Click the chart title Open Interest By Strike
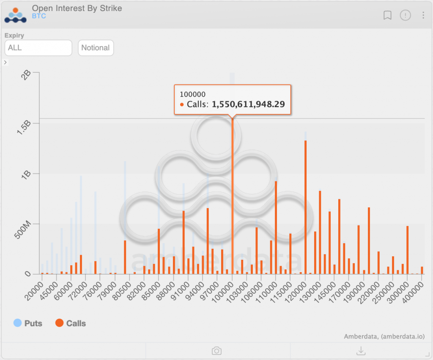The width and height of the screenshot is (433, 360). click(77, 8)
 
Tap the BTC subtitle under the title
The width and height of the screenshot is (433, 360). click(39, 16)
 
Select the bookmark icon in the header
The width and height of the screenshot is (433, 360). click(387, 16)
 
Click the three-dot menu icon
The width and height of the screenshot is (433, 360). click(423, 16)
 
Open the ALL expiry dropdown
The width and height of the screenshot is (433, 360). click(38, 48)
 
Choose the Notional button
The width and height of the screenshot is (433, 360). click(96, 48)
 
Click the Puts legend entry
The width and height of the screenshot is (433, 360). click(28, 323)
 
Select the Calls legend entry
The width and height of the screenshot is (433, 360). click(71, 323)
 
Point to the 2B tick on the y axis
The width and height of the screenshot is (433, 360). click(27, 75)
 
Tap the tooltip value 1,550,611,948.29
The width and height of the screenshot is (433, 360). click(248, 104)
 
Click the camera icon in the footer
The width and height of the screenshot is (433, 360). click(216, 351)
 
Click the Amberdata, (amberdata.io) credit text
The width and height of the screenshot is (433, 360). click(384, 336)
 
